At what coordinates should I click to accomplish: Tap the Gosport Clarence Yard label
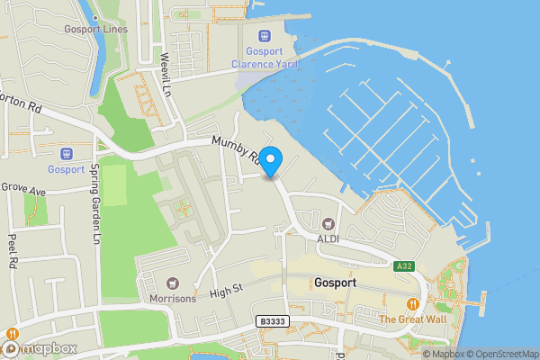(264, 58)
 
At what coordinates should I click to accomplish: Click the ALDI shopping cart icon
(328, 222)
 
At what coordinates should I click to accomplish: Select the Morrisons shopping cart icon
(172, 283)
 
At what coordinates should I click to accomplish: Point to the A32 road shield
(403, 265)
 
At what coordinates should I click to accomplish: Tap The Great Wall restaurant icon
(412, 304)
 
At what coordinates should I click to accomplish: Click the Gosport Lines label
(96, 29)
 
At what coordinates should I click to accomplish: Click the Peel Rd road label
(13, 252)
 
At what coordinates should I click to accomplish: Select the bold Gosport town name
(337, 283)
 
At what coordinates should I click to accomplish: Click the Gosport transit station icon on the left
(66, 153)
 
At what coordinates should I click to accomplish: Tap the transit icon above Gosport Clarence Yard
(264, 36)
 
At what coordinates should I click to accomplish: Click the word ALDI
(328, 238)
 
